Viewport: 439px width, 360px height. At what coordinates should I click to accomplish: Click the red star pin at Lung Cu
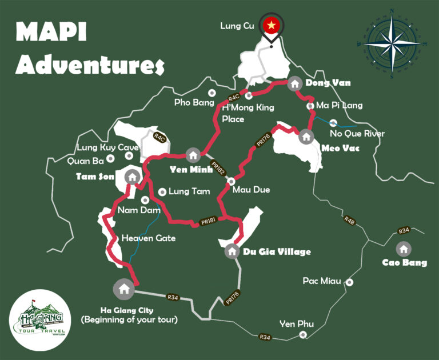pos(271,25)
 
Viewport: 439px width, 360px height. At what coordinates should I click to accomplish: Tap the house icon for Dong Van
pos(294,83)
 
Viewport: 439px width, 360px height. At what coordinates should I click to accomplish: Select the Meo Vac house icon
pos(306,137)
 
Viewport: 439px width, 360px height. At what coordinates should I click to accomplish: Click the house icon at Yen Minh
pos(193,155)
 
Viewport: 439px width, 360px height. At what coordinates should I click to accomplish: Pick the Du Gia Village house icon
pos(232,250)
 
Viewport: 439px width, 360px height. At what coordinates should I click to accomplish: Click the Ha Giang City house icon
pos(123,288)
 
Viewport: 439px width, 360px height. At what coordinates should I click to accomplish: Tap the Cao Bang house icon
pos(404,249)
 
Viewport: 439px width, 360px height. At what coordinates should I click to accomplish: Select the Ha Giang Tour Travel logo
pos(39,321)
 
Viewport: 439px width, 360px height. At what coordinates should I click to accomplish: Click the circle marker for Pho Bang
pos(212,93)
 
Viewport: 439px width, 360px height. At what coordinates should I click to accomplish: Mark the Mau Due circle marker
pos(231,181)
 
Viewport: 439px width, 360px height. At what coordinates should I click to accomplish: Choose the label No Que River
pos(358,134)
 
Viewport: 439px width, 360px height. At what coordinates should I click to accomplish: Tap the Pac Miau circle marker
pos(349,282)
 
